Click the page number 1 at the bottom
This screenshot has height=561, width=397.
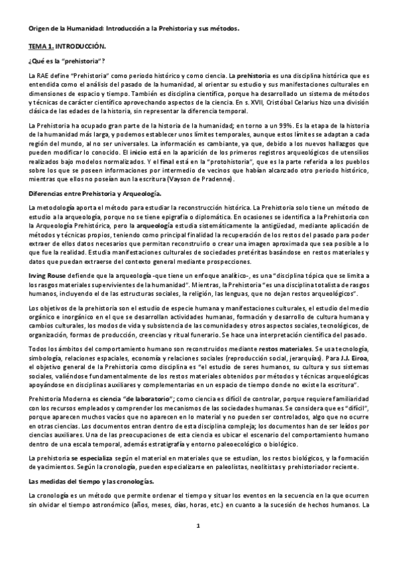(x=198, y=544)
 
